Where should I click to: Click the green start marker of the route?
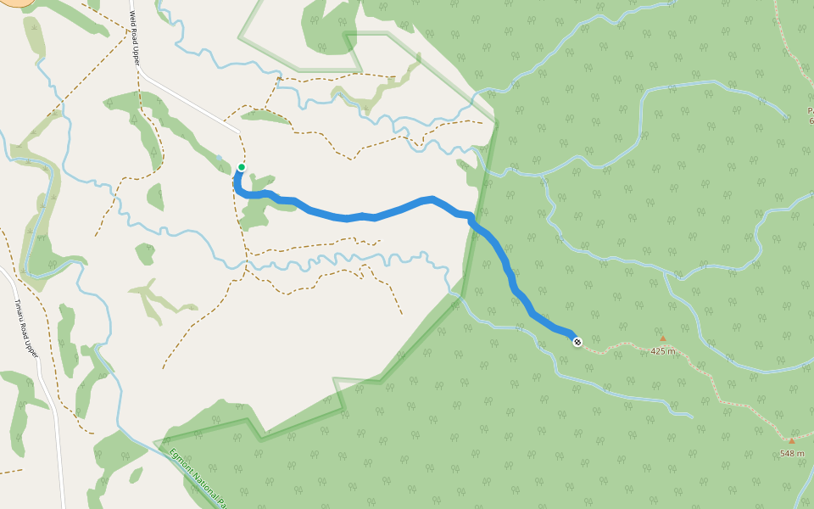coord(242,167)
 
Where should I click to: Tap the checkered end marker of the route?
coord(577,342)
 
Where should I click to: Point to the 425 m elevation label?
coord(663,351)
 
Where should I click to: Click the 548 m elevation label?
coord(792,453)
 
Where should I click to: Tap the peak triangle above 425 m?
coord(663,338)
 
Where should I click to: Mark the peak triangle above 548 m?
coord(792,440)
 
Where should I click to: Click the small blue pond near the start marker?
coord(220,158)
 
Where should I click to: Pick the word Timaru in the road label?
coord(20,309)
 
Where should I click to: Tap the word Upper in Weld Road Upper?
coord(135,57)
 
